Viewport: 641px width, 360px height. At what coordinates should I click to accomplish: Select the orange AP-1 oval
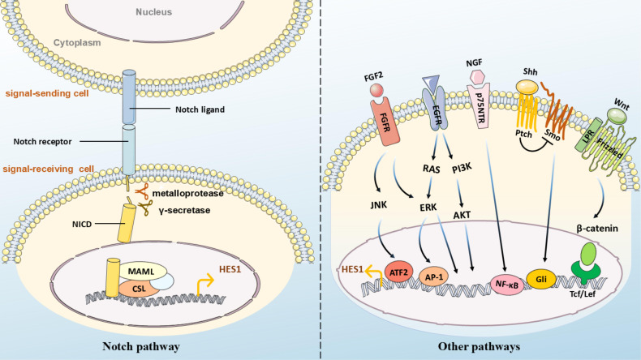[434, 277]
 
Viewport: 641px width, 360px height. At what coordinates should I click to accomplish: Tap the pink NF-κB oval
[507, 285]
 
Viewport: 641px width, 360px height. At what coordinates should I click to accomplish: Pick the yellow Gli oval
[541, 280]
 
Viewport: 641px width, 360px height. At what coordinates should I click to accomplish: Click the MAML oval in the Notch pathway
[141, 272]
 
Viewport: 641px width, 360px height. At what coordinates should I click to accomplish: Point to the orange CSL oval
[139, 289]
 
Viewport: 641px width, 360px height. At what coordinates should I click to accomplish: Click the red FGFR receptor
[385, 123]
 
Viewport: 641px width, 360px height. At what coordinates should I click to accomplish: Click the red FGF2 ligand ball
[376, 90]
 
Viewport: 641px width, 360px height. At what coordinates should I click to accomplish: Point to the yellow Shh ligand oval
[527, 86]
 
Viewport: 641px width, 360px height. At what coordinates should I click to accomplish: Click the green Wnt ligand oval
[617, 116]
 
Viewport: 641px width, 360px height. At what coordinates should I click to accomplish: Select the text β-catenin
[597, 229]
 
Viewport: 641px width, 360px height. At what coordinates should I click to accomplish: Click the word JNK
[379, 205]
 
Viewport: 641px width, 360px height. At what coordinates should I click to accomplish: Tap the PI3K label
[462, 168]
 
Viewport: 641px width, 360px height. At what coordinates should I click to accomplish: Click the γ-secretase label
[184, 211]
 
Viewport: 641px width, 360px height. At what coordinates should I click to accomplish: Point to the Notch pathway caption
[141, 346]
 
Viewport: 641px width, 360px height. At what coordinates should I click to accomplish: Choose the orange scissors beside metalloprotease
[142, 191]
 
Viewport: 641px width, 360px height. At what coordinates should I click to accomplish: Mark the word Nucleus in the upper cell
[153, 12]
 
